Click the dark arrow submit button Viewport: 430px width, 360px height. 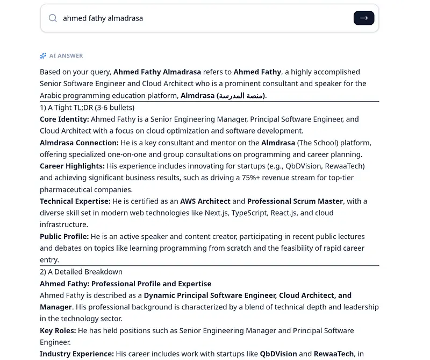click(364, 18)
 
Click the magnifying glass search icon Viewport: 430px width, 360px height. click(53, 18)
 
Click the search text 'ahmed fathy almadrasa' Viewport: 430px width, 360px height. click(103, 18)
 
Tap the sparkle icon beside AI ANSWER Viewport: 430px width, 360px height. click(43, 55)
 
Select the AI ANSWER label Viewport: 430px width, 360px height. click(66, 55)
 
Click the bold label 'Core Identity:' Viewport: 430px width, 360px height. click(64, 119)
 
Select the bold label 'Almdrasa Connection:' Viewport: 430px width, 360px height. click(79, 143)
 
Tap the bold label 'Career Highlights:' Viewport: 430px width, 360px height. click(72, 166)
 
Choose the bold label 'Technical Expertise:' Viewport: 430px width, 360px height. click(75, 201)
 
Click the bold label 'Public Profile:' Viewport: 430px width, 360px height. click(64, 236)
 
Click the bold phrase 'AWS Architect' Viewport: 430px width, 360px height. click(205, 201)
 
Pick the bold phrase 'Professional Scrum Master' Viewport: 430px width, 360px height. click(295, 201)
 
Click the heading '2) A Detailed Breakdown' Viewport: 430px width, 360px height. click(81, 272)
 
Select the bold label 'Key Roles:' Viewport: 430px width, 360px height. click(58, 330)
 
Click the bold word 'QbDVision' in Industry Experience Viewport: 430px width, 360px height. click(278, 354)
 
